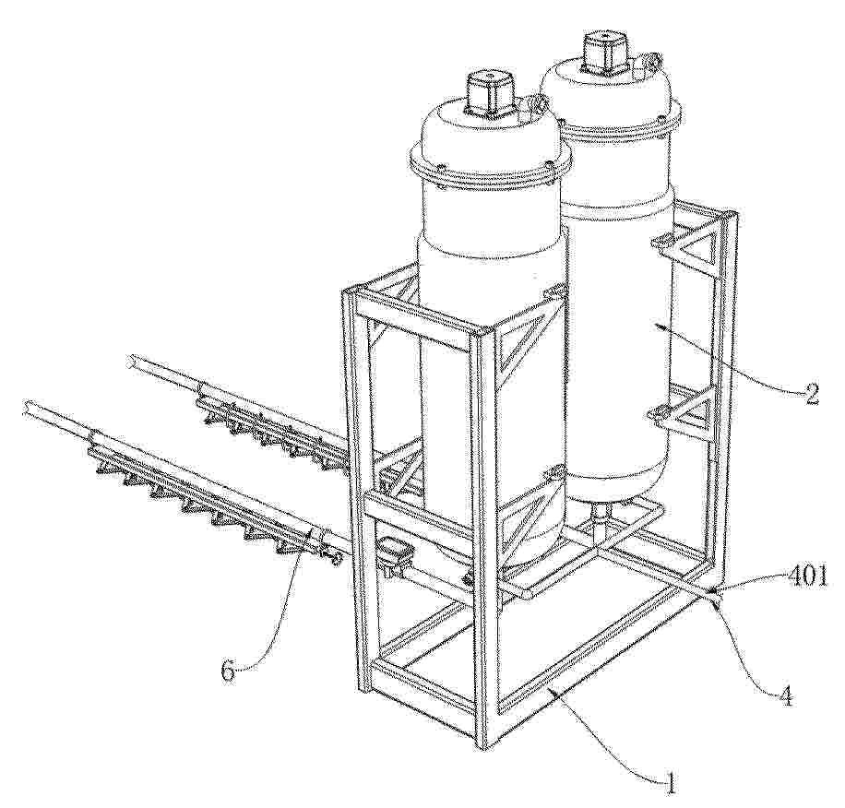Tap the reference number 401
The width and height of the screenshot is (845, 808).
point(807,576)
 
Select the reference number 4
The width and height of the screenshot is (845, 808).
point(786,696)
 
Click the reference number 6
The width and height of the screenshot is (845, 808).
point(229,671)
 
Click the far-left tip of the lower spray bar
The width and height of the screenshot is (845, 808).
point(26,407)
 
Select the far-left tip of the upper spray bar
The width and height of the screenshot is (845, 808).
point(131,361)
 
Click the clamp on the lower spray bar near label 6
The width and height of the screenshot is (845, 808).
point(316,536)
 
